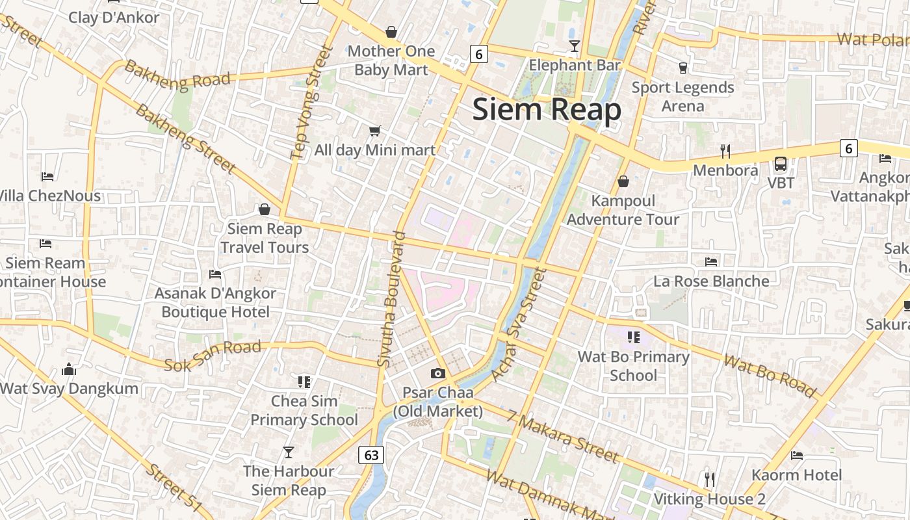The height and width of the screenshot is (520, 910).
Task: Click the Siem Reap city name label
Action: (547, 109)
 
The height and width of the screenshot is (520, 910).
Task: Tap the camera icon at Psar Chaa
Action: (438, 373)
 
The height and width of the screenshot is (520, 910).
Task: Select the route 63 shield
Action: (371, 455)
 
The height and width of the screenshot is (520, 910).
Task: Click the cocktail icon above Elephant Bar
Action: (574, 45)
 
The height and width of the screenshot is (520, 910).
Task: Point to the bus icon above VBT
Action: (781, 164)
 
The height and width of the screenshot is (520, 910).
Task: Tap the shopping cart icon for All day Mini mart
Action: (374, 131)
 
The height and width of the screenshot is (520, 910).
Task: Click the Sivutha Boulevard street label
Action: (391, 299)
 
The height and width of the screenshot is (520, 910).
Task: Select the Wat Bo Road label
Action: (770, 376)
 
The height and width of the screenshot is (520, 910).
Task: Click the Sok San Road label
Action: (213, 356)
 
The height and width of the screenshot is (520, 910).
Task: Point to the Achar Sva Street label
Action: (517, 325)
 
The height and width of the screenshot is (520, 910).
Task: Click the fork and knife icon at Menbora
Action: (725, 151)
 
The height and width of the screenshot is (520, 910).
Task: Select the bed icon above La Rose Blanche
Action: (711, 262)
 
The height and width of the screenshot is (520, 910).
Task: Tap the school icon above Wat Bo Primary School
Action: (634, 337)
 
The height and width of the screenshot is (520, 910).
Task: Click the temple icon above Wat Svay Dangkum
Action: (69, 370)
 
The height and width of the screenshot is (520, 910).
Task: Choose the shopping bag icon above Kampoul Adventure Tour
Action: (623, 181)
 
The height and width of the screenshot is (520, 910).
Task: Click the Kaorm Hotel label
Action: (796, 475)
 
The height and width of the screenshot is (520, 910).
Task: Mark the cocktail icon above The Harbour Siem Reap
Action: (289, 452)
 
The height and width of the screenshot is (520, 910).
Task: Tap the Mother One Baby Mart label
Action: (391, 60)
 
